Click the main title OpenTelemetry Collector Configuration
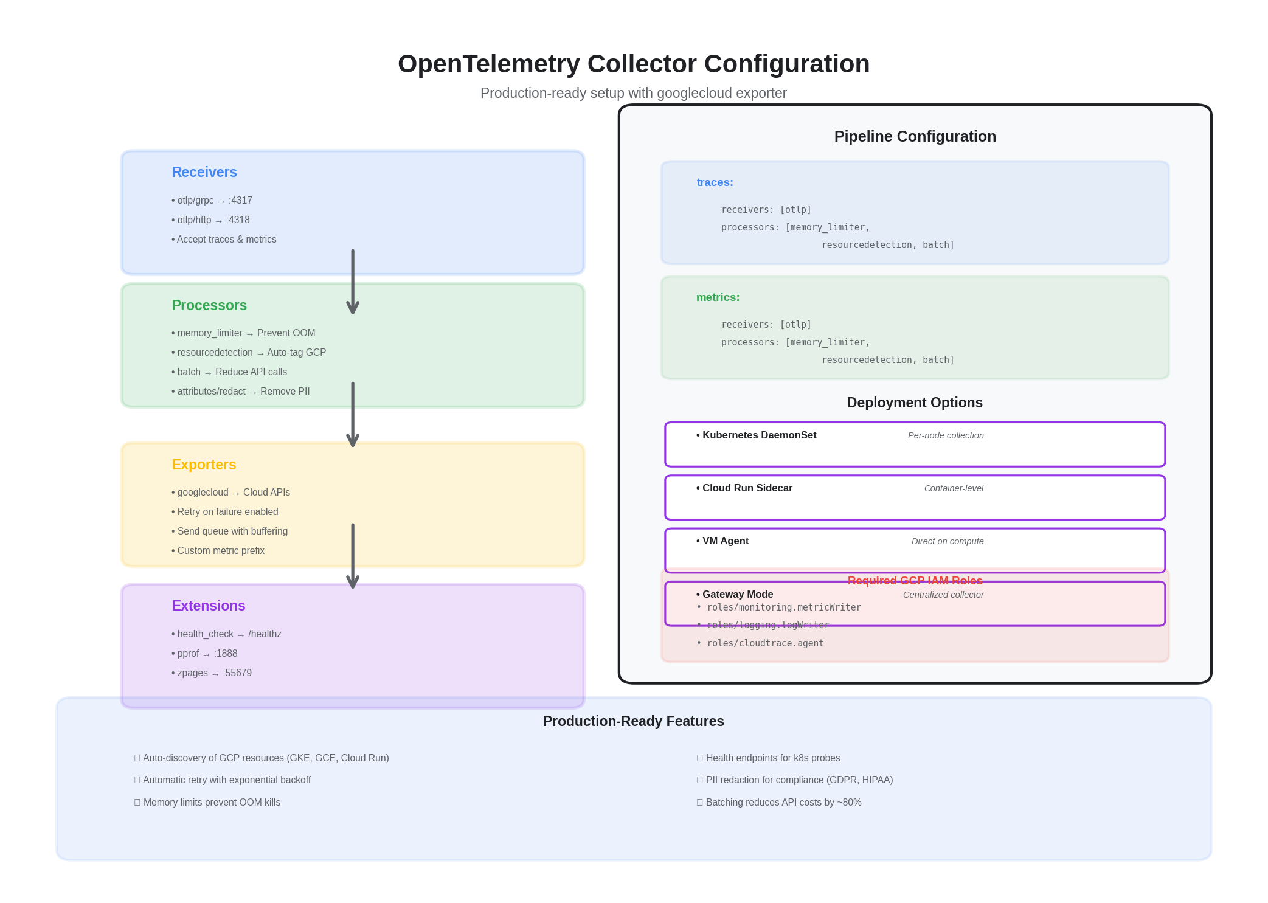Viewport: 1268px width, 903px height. click(x=633, y=64)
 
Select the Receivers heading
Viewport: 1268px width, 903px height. click(x=204, y=172)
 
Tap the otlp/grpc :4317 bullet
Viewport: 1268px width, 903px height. click(x=212, y=201)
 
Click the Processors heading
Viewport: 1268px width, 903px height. click(x=209, y=305)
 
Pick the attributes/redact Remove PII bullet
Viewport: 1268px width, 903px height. click(x=241, y=392)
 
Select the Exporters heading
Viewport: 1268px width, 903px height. click(x=204, y=465)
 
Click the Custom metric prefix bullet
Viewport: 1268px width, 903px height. click(x=218, y=551)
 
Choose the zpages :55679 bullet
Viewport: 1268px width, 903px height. click(x=212, y=673)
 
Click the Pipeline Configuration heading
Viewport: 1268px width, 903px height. click(x=915, y=137)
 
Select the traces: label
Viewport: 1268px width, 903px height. click(x=715, y=182)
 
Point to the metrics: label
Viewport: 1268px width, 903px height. click(x=718, y=297)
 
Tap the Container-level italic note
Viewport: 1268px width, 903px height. click(x=953, y=488)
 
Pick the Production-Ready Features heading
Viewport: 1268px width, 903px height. click(x=633, y=721)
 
